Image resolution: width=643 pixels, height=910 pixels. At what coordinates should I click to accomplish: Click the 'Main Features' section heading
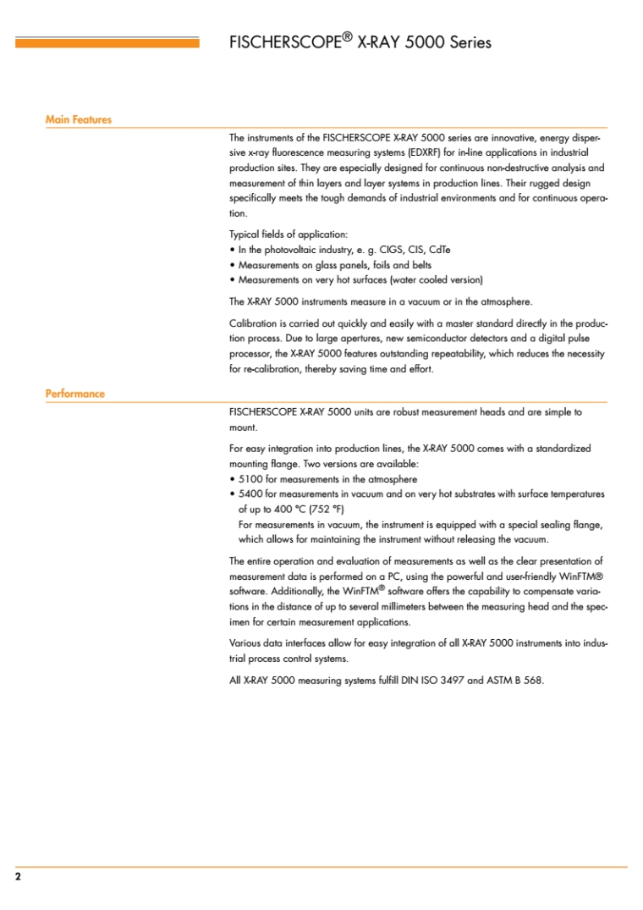tap(78, 120)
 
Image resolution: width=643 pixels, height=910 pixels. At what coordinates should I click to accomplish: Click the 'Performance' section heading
tap(74, 394)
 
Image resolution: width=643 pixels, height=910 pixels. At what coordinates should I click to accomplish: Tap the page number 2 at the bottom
tap(18, 876)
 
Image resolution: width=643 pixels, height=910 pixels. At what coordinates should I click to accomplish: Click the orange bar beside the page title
tap(107, 42)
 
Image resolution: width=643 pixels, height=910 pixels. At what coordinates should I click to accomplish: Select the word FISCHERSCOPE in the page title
tap(285, 42)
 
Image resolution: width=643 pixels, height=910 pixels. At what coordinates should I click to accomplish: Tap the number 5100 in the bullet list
tap(251, 478)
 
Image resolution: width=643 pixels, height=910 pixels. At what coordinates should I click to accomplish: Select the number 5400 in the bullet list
tap(251, 494)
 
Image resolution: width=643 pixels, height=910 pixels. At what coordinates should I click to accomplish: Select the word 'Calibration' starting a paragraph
tap(252, 323)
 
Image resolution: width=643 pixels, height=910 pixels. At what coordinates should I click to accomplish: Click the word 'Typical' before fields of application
tap(245, 234)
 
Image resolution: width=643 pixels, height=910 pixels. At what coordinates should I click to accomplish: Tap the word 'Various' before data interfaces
tap(246, 643)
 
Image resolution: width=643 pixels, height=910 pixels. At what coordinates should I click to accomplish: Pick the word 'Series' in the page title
tap(470, 42)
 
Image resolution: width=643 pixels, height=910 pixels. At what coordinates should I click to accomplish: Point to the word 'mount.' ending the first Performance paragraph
tap(244, 427)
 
